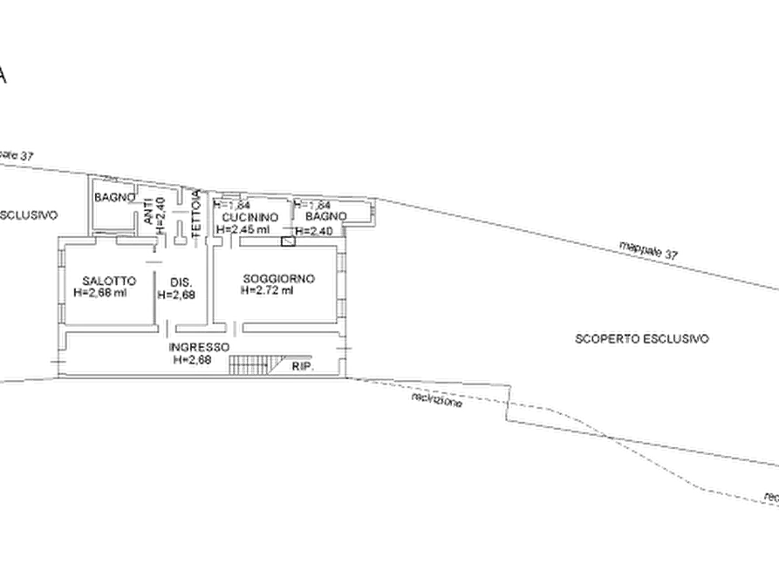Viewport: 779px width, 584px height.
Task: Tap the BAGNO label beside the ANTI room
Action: (115, 199)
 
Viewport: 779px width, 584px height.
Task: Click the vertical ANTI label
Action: (150, 211)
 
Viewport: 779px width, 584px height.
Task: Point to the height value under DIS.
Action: (179, 295)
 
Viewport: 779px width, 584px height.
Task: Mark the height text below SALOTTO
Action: (101, 294)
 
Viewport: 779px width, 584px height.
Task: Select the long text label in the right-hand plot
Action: (642, 337)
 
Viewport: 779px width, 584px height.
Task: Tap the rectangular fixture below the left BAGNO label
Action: (113, 230)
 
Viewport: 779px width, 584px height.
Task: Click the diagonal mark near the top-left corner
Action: (5, 76)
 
